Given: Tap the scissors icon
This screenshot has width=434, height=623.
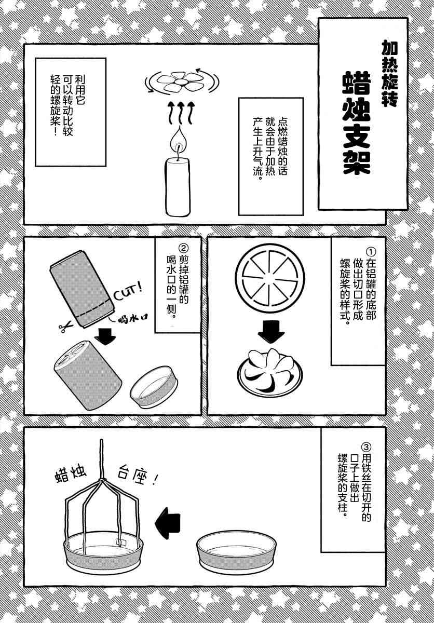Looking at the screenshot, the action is pos(65,327).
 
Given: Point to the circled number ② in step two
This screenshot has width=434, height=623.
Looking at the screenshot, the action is pos(184,248).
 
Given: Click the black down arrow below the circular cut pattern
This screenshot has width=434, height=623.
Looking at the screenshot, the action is pos(271,332).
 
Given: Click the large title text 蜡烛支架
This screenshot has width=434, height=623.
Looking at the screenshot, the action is pos(356,123).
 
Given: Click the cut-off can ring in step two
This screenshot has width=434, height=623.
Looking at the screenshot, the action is pos(154,387).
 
